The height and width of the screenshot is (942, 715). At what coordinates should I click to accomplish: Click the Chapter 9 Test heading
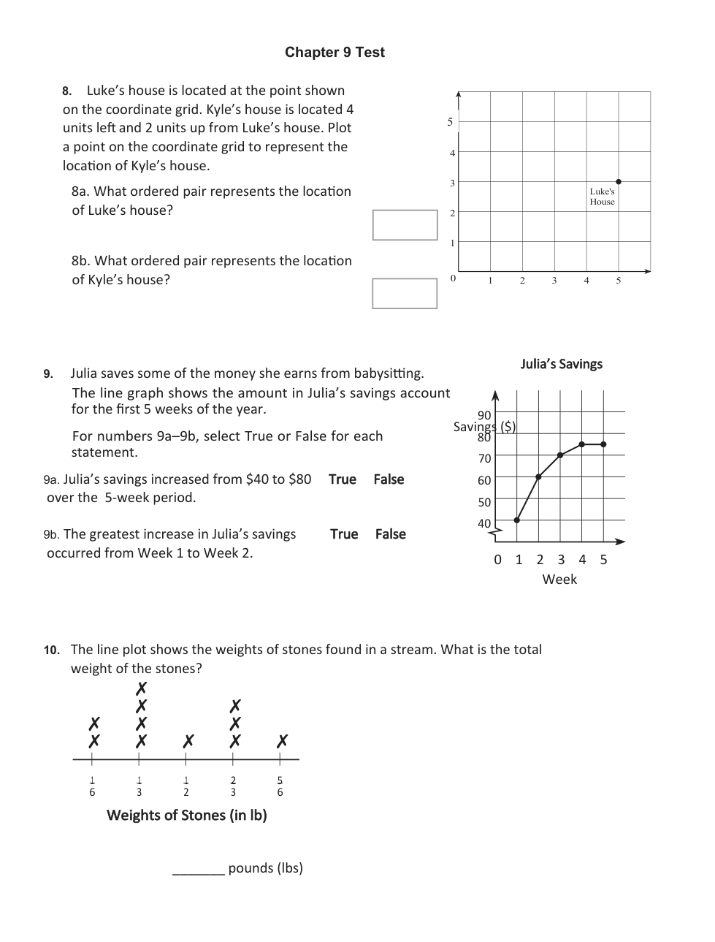click(x=334, y=52)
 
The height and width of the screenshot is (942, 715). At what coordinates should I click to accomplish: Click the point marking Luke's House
click(x=619, y=181)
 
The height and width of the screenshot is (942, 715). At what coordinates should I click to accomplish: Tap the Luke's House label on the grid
click(x=603, y=197)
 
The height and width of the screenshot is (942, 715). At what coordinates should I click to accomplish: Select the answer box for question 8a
click(x=405, y=225)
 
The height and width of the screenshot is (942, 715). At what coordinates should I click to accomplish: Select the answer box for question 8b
click(x=405, y=294)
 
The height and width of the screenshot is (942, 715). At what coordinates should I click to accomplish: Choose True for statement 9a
click(x=343, y=479)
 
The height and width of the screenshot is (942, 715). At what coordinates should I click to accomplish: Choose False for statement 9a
click(x=389, y=479)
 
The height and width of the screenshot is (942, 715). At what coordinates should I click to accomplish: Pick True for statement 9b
click(x=344, y=534)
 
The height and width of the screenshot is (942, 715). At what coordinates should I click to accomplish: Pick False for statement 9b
click(x=391, y=534)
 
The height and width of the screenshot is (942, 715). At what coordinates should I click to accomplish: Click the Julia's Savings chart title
click(x=561, y=364)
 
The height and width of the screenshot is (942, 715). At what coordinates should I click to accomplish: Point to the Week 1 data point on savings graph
click(x=517, y=520)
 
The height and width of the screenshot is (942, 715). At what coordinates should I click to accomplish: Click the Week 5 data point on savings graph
click(x=604, y=444)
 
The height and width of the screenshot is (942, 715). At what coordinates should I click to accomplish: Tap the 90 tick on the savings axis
click(x=484, y=415)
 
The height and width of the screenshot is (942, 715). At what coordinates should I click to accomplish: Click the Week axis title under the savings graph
click(x=559, y=580)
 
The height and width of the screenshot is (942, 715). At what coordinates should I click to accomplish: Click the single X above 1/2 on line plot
click(x=188, y=741)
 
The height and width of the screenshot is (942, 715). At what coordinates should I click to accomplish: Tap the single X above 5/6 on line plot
click(x=282, y=741)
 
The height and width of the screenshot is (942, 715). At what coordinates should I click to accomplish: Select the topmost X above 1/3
click(x=141, y=688)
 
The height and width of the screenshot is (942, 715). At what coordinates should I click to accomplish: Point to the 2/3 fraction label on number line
click(x=233, y=786)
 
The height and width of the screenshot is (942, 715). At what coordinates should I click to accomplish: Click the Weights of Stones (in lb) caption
click(x=187, y=816)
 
